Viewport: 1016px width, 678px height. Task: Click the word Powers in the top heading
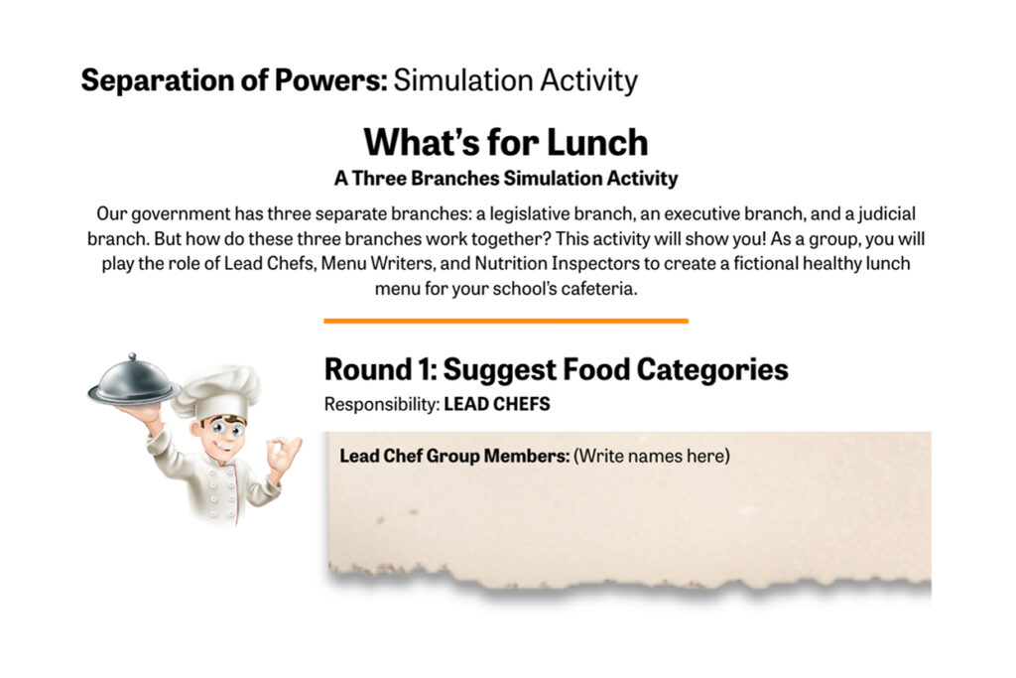(330, 80)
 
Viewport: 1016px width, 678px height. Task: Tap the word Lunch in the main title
(596, 142)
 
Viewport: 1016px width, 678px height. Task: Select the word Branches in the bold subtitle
(454, 179)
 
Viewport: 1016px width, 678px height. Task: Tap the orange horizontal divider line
(506, 321)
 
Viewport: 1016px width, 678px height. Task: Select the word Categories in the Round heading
(712, 370)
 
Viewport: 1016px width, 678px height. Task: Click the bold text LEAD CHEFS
(497, 404)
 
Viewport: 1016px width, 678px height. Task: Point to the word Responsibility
(382, 405)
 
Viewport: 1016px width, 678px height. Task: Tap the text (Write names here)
(651, 456)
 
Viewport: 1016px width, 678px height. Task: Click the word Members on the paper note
(527, 456)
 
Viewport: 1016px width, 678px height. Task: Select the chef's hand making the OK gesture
(283, 454)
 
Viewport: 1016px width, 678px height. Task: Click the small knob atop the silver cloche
(132, 356)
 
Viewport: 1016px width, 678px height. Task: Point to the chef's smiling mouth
(223, 447)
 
